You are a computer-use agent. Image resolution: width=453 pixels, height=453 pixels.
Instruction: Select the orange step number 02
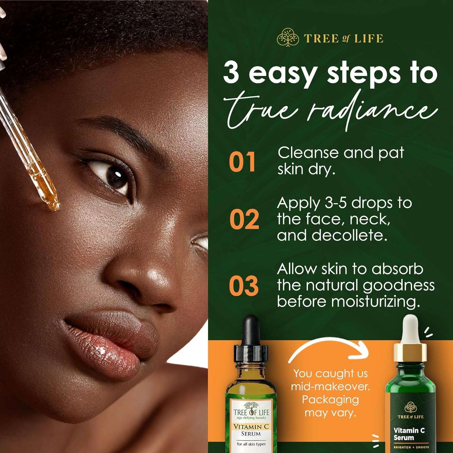[x=244, y=220]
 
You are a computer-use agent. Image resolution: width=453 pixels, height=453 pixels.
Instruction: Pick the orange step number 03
[x=244, y=286]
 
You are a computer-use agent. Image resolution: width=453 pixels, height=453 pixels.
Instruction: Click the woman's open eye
[x=113, y=177]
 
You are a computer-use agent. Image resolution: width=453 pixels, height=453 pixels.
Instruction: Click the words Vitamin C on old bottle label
[x=251, y=427]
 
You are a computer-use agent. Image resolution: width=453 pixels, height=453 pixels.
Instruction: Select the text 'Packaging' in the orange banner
[x=330, y=400]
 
